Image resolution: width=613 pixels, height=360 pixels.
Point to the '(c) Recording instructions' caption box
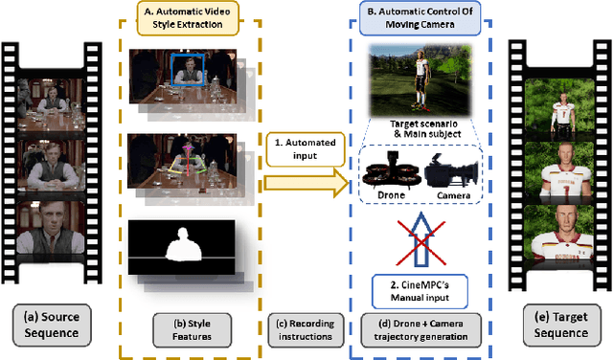tap(303, 326)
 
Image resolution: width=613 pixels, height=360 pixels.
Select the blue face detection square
tap(185, 68)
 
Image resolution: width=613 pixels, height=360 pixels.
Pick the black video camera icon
tap(454, 176)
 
